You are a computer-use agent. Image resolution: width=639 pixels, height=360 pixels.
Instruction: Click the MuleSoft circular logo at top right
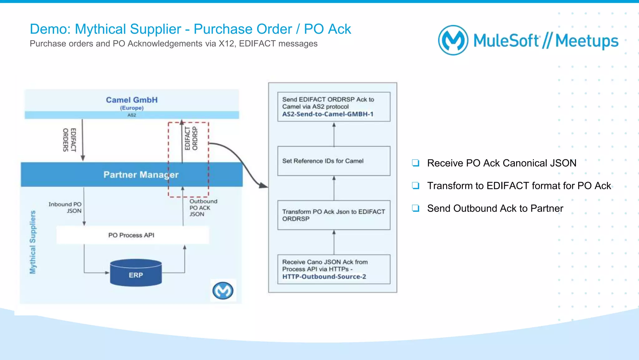pyautogui.click(x=453, y=40)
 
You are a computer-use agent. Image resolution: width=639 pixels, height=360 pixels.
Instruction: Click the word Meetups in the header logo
pyautogui.click(x=587, y=41)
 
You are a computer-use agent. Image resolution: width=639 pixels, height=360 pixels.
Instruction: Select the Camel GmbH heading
pyautogui.click(x=132, y=100)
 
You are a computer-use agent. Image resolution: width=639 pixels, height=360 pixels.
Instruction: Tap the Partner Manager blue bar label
pyautogui.click(x=141, y=175)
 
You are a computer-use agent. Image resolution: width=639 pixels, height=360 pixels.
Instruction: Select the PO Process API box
pyautogui.click(x=131, y=235)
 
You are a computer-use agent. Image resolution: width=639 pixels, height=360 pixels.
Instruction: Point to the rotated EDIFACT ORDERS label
pyautogui.click(x=69, y=140)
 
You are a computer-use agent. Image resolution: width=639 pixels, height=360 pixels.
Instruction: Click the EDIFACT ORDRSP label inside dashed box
pyautogui.click(x=191, y=138)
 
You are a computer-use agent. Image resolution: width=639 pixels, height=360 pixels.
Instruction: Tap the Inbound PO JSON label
pyautogui.click(x=65, y=207)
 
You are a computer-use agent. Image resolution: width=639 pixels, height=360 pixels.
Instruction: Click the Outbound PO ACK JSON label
pyautogui.click(x=203, y=208)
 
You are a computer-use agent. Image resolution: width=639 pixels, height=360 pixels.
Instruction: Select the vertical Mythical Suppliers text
pyautogui.click(x=32, y=242)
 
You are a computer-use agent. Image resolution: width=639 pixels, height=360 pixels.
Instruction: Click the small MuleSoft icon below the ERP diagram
pyautogui.click(x=223, y=291)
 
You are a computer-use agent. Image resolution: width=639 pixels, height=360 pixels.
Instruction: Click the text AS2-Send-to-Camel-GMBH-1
pyautogui.click(x=328, y=114)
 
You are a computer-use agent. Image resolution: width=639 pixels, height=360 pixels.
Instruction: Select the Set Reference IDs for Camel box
pyautogui.click(x=334, y=161)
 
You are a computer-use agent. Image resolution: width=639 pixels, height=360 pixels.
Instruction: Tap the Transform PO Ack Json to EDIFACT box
pyautogui.click(x=334, y=215)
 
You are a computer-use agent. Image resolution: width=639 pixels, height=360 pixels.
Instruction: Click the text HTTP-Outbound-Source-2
pyautogui.click(x=324, y=277)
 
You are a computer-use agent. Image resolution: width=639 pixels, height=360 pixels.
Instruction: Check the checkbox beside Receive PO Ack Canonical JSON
pyautogui.click(x=415, y=163)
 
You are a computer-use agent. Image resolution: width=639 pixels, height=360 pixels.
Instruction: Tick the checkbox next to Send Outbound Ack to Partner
pyautogui.click(x=415, y=208)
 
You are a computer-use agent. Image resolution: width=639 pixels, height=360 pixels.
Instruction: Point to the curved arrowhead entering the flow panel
pyautogui.click(x=264, y=186)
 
